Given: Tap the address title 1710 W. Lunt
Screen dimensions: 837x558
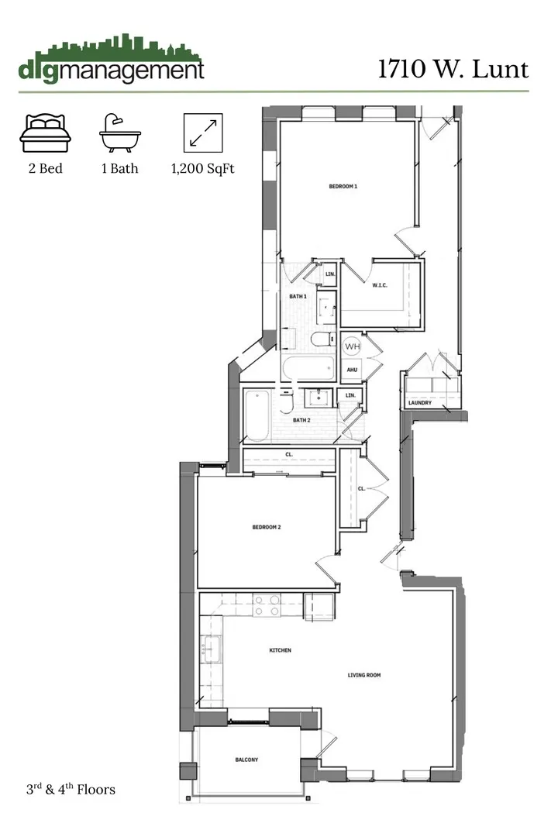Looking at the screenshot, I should click(453, 69).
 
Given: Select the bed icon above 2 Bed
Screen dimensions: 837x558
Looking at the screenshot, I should click(45, 133).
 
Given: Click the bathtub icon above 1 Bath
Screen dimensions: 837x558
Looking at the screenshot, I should click(119, 133).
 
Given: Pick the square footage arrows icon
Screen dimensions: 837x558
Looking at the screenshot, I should click(202, 133).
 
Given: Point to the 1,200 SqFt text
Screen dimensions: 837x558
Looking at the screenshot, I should click(202, 168).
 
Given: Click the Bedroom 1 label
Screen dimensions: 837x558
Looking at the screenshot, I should click(343, 187).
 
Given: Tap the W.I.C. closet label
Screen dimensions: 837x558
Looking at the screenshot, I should click(380, 286).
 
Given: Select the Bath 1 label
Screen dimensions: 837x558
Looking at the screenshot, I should click(298, 297).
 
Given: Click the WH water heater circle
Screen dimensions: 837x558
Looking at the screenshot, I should click(352, 346).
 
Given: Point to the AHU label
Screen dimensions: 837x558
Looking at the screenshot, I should click(351, 370).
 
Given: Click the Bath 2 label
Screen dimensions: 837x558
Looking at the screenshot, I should click(301, 420).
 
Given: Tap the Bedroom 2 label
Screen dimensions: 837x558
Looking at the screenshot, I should click(266, 527).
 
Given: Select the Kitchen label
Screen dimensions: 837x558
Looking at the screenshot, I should click(280, 650).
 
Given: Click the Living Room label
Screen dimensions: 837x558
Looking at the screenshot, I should click(363, 675).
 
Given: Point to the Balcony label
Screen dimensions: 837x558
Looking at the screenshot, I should click(246, 759).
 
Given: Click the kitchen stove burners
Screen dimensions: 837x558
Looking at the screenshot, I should click(267, 604).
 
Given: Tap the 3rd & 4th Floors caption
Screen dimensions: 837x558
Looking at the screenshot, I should click(69, 790).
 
